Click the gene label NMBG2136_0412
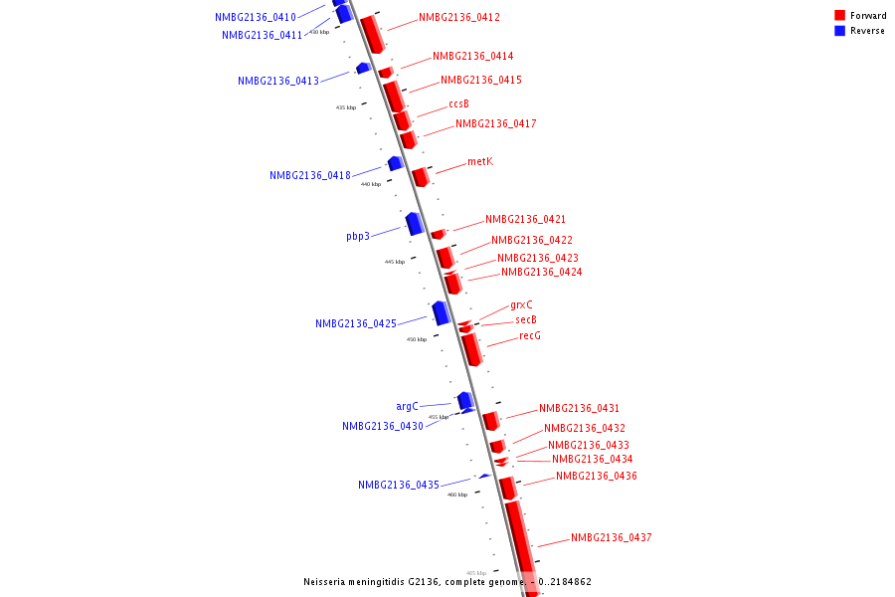coord(458,18)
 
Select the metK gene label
coord(479,161)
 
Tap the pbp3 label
coord(358,237)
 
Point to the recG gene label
coord(530,336)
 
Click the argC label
coord(407,406)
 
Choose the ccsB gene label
coord(458,103)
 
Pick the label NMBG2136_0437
coord(611,538)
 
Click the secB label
coord(526,320)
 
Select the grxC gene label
coord(521,304)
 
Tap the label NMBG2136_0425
coord(356,324)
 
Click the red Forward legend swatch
coord(839,16)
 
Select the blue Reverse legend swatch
coord(839,31)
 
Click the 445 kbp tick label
coord(395,262)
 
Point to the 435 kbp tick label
coord(346,107)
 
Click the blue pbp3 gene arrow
coord(415,224)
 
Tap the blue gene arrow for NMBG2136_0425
coord(442,312)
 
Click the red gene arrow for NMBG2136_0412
coord(372,34)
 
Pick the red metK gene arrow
coord(421,177)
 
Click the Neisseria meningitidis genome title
coord(447,581)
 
